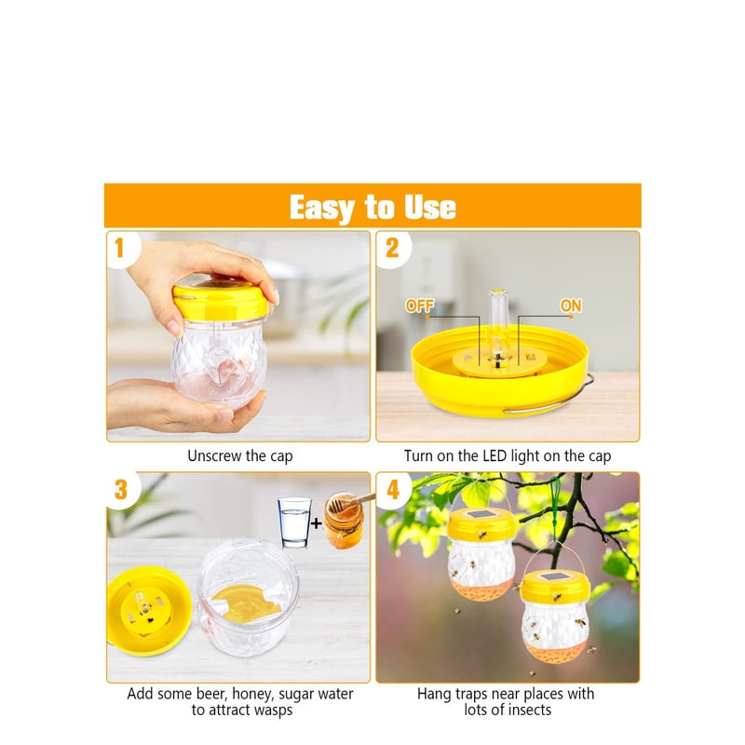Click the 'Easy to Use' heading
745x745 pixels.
(x=372, y=207)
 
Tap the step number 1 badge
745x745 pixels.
(x=119, y=248)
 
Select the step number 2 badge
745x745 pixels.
(x=392, y=248)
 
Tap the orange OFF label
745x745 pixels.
(x=420, y=305)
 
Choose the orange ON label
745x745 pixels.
(x=570, y=305)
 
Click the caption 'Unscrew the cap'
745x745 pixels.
(x=239, y=456)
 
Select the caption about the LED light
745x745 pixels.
(x=508, y=456)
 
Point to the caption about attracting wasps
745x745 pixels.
(x=239, y=701)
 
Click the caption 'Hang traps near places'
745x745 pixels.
(x=506, y=701)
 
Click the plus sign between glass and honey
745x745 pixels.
(x=317, y=523)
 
